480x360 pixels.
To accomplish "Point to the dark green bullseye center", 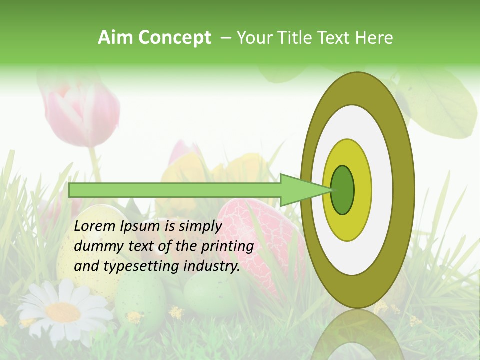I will point(343,190).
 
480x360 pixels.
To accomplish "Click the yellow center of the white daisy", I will point(63,313).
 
